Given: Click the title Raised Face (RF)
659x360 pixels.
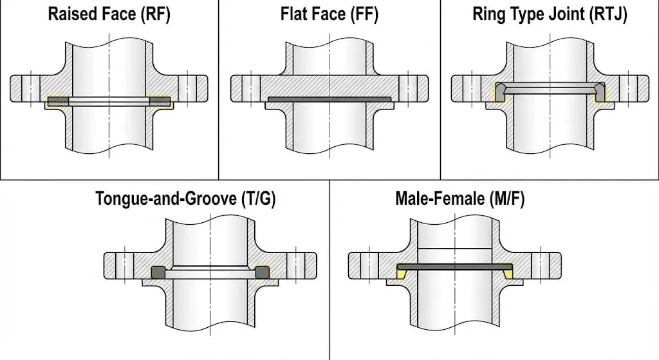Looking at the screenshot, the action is [x=109, y=14].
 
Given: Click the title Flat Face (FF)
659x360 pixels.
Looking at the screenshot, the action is [x=329, y=14].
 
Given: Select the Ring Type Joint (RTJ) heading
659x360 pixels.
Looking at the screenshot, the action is [x=550, y=14].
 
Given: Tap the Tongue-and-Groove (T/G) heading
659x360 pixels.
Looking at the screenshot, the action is [x=185, y=198].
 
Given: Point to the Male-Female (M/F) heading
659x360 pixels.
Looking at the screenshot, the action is [x=460, y=198].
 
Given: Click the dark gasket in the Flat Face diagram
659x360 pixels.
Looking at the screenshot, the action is [x=329, y=100].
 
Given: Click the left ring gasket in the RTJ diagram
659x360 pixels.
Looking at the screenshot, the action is [x=500, y=93].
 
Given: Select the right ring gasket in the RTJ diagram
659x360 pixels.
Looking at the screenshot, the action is [x=600, y=93].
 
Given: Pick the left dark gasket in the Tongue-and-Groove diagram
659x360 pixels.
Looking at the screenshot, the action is [x=158, y=272].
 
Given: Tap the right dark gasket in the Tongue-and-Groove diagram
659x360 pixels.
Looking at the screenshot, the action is [x=263, y=272].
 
